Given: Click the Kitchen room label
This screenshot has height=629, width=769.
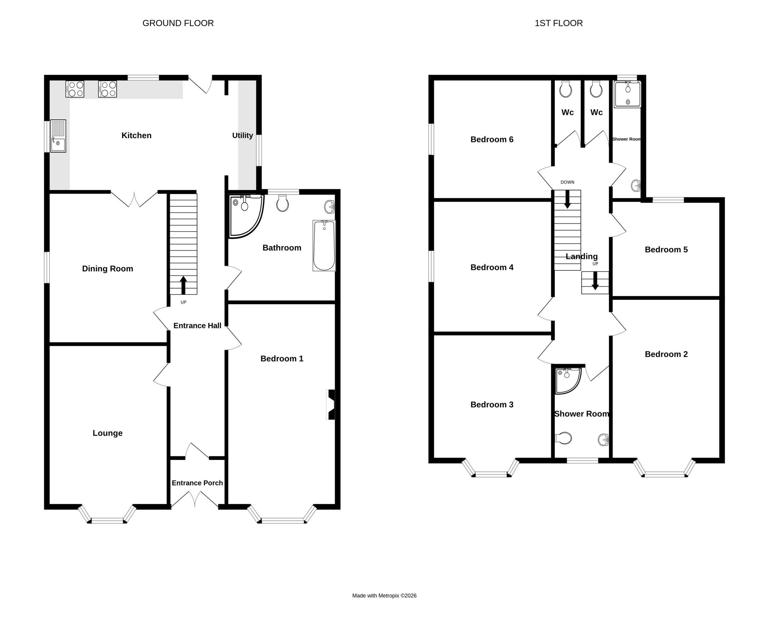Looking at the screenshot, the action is [136, 135].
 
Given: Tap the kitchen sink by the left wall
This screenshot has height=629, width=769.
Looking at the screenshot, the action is [58, 136].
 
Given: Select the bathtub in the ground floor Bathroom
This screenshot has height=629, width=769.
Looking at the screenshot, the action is [324, 246].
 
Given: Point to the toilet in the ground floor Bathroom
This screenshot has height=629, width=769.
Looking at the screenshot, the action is [282, 203].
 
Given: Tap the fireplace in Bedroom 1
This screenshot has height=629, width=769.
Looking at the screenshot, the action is [330, 404].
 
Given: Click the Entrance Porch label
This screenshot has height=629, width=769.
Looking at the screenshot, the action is [197, 483].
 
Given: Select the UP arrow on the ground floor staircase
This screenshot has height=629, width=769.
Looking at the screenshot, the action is [183, 285].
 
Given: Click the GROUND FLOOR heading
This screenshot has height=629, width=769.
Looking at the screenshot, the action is [178, 23].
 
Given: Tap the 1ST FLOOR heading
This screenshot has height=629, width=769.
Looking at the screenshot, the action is [558, 23].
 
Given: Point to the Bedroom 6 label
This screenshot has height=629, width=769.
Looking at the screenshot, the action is [492, 139].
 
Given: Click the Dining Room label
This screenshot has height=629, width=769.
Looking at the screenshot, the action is [108, 269].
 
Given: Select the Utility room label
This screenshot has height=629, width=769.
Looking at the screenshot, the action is [242, 135].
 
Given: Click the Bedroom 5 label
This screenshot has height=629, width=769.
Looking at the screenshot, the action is [666, 250].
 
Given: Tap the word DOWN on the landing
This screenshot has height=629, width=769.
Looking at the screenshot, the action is [567, 182].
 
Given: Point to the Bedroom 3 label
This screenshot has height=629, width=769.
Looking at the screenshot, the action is [492, 405].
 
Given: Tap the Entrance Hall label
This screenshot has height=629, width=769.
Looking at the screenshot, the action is [197, 326].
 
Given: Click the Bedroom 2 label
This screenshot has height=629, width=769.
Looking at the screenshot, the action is [666, 354].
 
